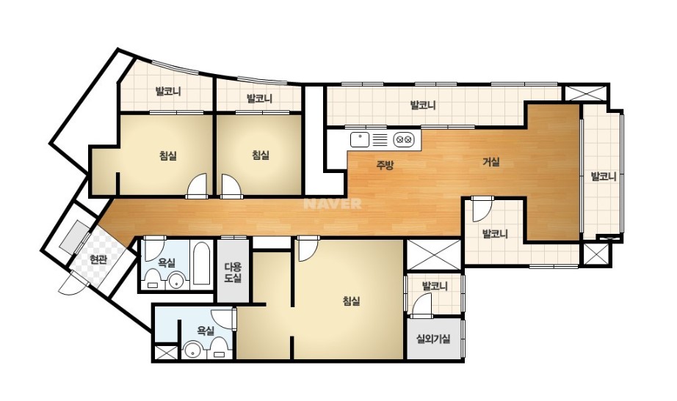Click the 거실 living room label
tap(491, 162)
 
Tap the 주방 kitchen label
tap(385, 165)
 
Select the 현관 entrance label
tap(98, 260)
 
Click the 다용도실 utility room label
tap(233, 273)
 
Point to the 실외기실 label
tap(433, 339)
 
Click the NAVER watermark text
tap(333, 204)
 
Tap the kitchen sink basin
tap(360, 140)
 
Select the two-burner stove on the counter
tap(404, 140)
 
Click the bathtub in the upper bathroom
tap(200, 263)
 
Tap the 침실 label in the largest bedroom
tap(352, 301)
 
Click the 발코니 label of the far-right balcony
tap(603, 177)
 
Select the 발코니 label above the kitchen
tap(423, 106)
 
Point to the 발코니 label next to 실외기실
tap(435, 286)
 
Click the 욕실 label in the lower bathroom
tap(206, 331)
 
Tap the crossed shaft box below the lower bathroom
tap(166, 353)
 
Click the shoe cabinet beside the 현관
tap(74, 236)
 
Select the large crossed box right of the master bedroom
tap(434, 254)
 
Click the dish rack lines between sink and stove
tap(380, 140)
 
